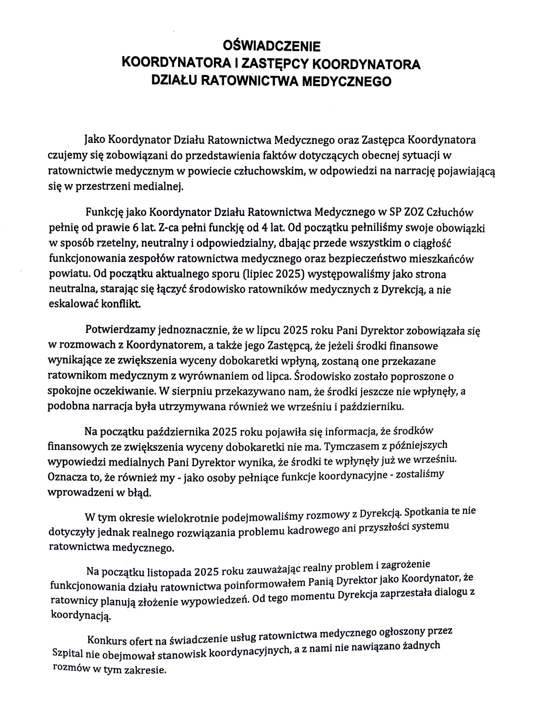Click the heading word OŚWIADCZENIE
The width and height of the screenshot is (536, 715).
[x=272, y=47]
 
